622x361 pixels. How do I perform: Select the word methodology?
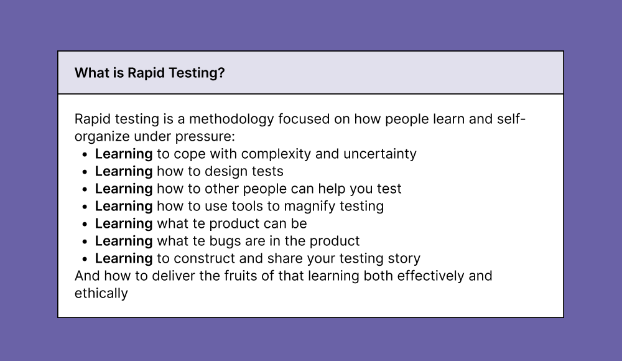point(231,119)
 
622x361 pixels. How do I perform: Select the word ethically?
point(101,293)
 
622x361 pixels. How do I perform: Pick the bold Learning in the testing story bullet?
point(123,258)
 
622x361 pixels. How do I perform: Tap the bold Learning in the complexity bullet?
point(123,154)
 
